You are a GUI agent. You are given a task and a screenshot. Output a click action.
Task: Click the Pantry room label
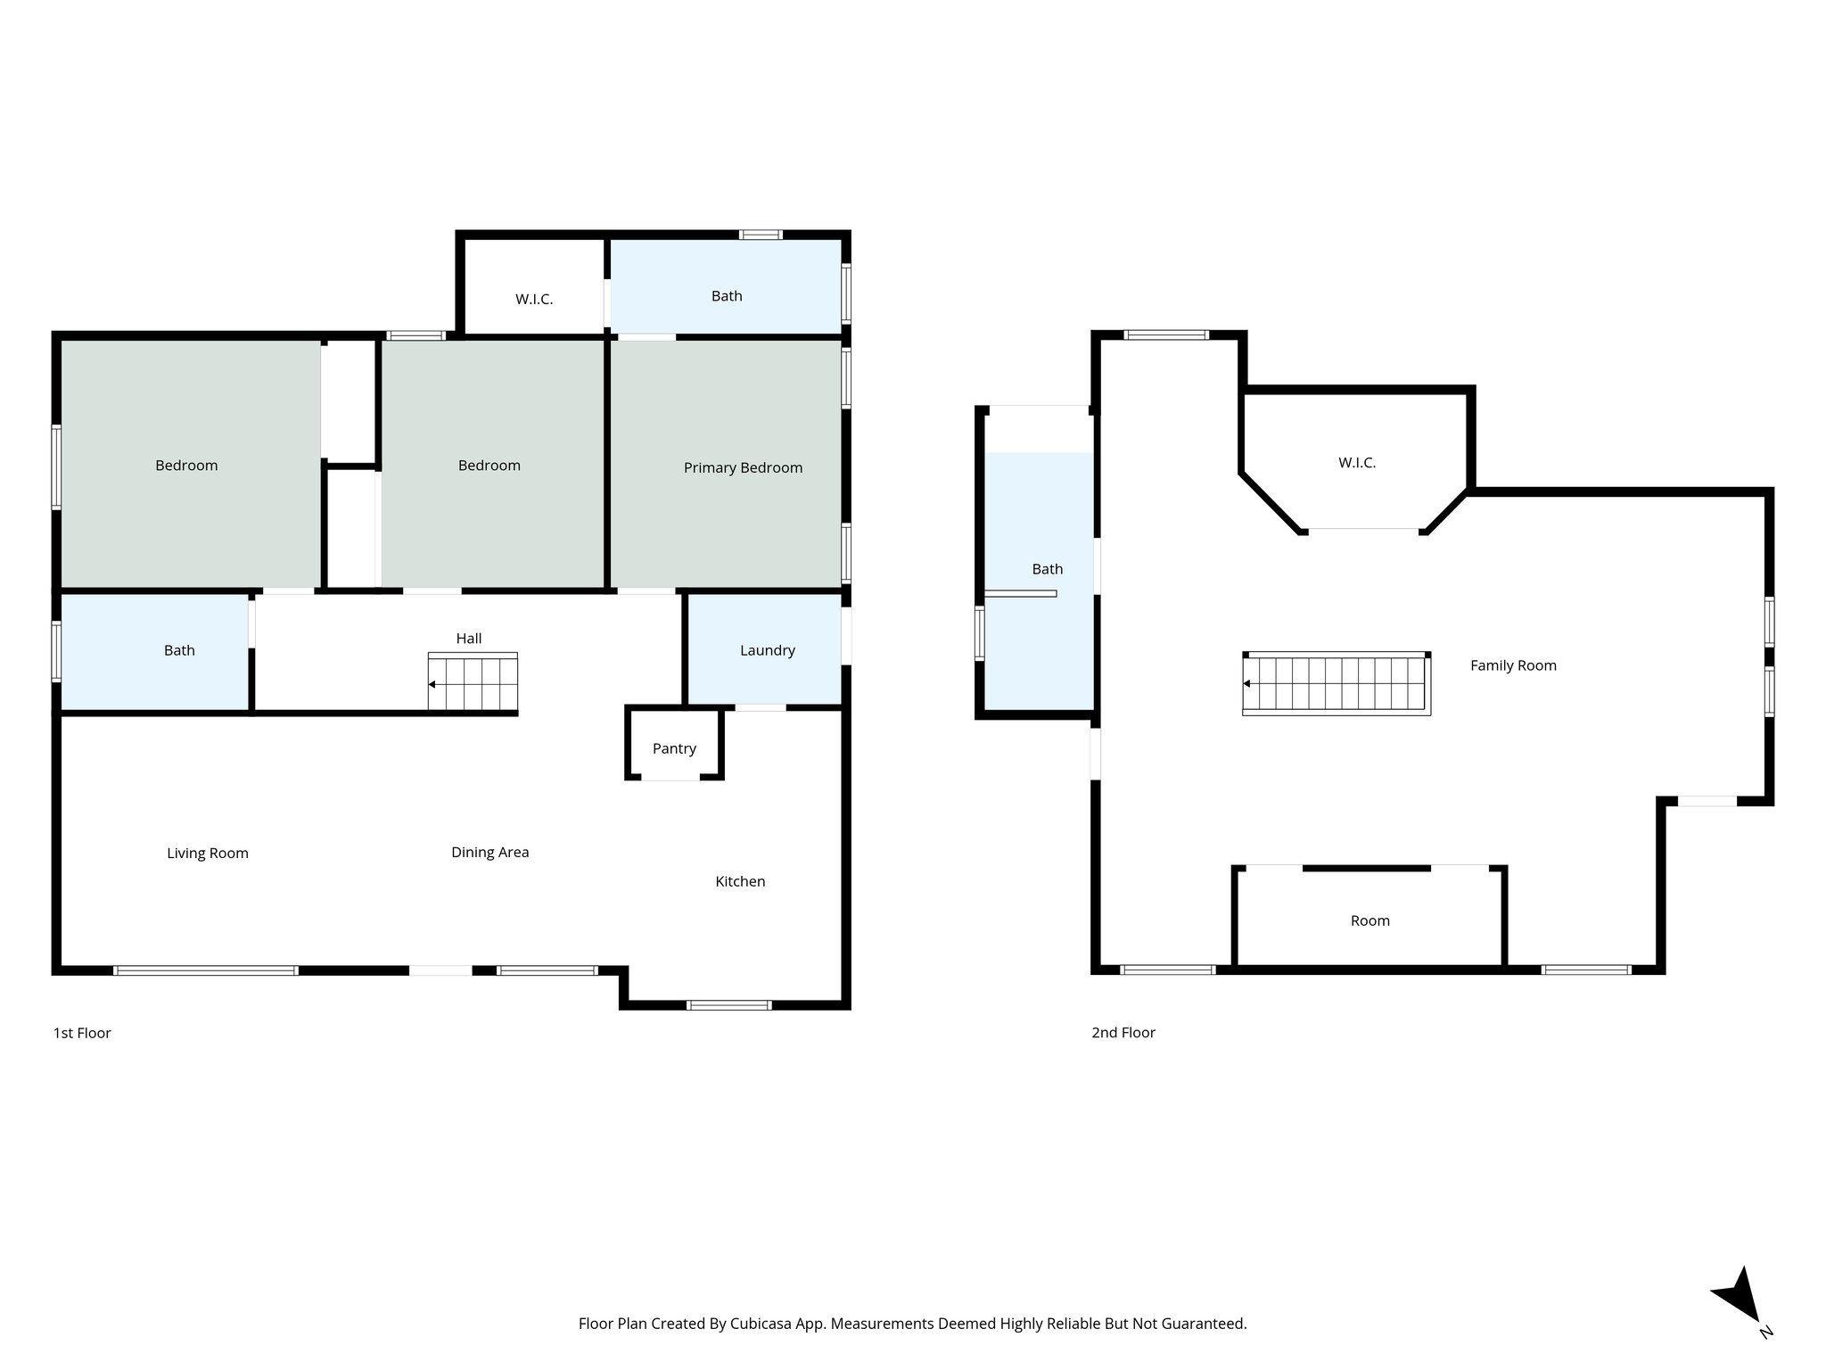[x=674, y=748]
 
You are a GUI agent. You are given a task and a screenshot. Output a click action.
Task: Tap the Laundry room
[x=767, y=650]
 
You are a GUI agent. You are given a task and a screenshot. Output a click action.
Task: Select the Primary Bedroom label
[x=743, y=467]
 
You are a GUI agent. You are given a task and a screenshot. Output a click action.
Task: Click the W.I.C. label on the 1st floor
[x=534, y=300]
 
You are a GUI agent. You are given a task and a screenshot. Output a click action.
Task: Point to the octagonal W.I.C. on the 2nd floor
[x=1356, y=463]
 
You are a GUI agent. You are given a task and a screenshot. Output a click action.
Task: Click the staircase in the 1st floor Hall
[x=473, y=683]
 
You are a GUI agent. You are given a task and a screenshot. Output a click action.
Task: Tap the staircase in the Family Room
[x=1336, y=684]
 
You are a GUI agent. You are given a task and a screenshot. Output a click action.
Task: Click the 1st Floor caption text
[x=82, y=1033]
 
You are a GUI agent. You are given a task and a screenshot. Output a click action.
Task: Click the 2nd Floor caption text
[x=1123, y=1033]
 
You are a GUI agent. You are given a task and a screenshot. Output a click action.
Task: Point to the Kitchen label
[x=740, y=881]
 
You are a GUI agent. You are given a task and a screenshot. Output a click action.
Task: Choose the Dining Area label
[x=489, y=852]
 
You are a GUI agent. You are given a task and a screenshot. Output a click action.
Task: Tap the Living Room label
[x=207, y=853]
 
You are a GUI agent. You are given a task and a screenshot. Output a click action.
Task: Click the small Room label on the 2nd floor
[x=1369, y=920]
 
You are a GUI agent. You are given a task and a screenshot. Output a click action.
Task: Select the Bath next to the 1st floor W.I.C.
[x=726, y=296]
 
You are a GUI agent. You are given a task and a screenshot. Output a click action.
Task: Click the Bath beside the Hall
[x=178, y=650]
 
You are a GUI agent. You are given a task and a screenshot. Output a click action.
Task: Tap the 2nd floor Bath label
[x=1047, y=569]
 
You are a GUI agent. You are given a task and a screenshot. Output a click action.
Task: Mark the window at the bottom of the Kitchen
[x=728, y=1005]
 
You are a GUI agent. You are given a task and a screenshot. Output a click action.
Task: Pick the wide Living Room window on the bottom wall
[x=205, y=970]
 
